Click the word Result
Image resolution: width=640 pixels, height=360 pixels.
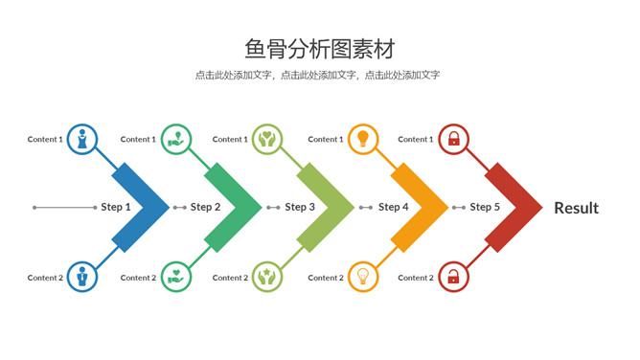[576, 208]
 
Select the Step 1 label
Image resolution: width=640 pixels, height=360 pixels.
[116, 207]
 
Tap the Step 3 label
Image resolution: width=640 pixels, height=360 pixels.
[300, 207]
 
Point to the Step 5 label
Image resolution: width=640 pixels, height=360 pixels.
[485, 207]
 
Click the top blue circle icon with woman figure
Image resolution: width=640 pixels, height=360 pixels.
[82, 139]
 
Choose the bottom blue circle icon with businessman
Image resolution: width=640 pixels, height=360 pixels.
[82, 277]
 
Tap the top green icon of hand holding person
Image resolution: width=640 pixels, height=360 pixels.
[176, 139]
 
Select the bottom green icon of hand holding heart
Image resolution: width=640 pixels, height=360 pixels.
[176, 277]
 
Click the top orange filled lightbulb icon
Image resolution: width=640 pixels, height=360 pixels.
[363, 139]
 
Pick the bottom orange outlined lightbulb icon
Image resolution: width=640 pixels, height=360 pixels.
[363, 277]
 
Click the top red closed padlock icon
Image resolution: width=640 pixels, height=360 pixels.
[454, 139]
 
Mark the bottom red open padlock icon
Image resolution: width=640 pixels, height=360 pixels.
[454, 277]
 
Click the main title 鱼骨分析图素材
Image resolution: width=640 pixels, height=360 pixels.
[319, 48]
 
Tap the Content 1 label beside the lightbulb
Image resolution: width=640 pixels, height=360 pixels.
[325, 140]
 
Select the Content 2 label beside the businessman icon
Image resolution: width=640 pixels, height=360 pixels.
[45, 278]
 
